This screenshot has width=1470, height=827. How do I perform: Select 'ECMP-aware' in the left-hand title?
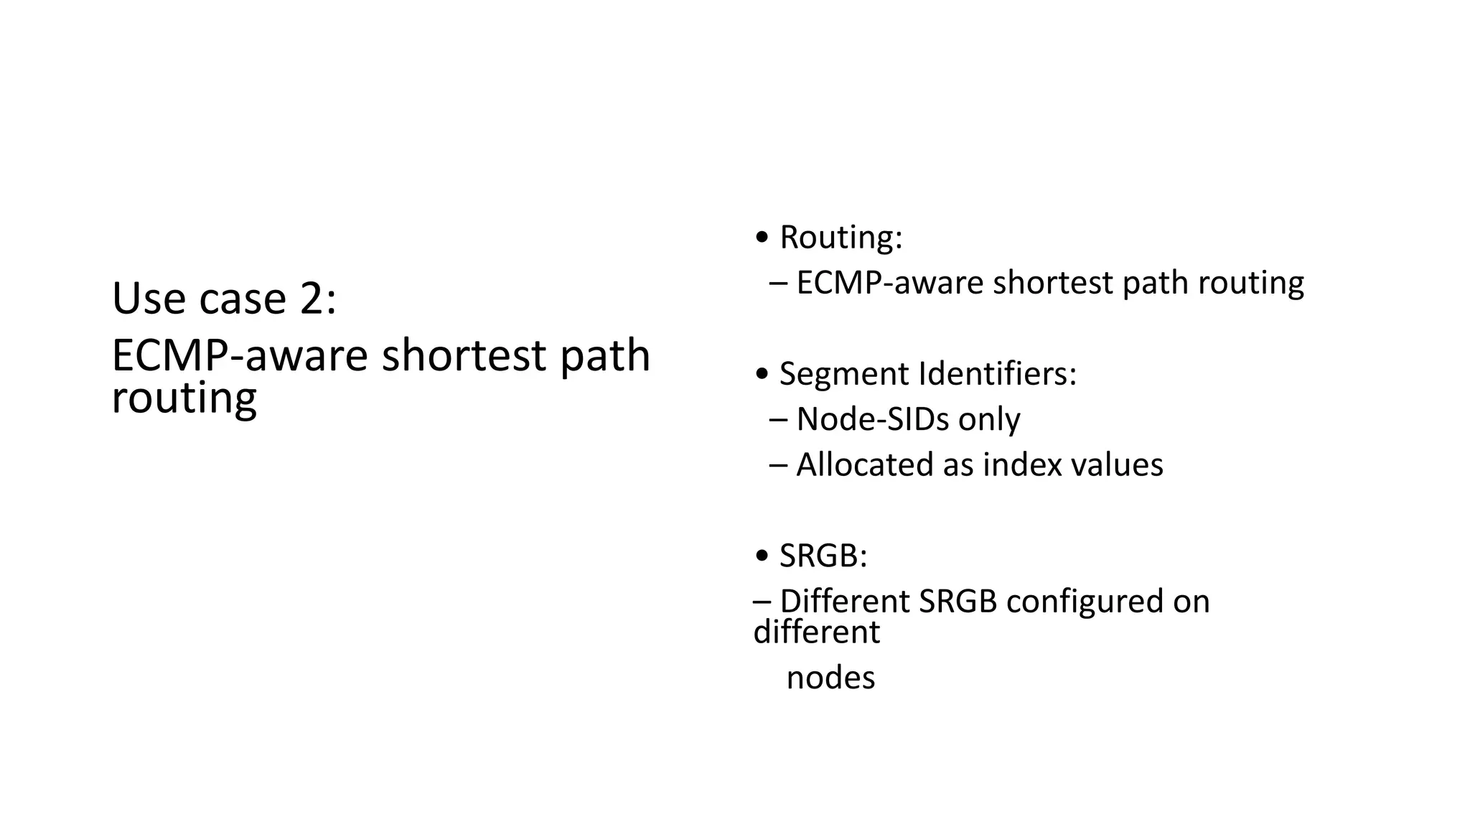point(240,355)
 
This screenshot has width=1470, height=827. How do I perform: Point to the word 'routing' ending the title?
point(184,398)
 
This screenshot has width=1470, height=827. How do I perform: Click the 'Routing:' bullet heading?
point(841,238)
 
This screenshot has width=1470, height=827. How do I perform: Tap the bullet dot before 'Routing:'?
point(762,238)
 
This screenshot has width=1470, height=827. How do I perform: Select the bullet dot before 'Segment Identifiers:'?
point(762,375)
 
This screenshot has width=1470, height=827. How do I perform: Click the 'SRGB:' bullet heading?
point(823,556)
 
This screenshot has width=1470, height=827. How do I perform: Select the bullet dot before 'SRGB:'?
point(762,556)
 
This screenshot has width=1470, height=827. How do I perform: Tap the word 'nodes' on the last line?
point(830,678)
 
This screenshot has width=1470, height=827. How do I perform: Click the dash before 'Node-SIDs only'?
point(777,419)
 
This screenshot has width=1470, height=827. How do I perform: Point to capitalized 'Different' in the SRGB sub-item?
point(844,602)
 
